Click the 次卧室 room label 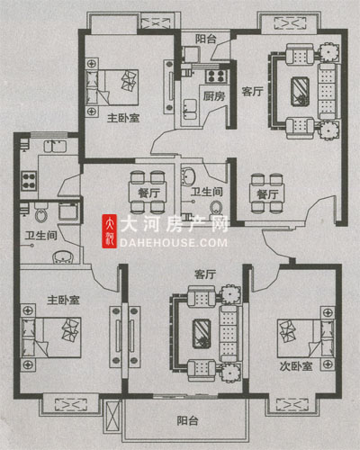(x=296, y=366)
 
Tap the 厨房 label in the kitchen (x=214, y=96)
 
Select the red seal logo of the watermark (x=110, y=231)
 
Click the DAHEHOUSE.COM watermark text (x=174, y=243)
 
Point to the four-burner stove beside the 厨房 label (x=216, y=76)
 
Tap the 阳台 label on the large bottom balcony (x=187, y=420)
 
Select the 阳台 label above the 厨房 (x=206, y=39)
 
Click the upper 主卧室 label (x=123, y=118)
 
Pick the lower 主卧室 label (x=63, y=300)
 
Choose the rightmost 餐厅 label (x=267, y=194)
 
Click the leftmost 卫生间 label (x=40, y=236)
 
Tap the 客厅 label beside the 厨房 (x=253, y=92)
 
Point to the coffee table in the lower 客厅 (x=202, y=334)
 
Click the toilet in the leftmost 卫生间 (x=41, y=212)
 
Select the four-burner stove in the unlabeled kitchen (x=29, y=181)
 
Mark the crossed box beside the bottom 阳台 (x=112, y=416)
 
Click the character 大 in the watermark (x=129, y=224)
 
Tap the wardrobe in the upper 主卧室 (x=169, y=87)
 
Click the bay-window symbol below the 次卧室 (x=292, y=405)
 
